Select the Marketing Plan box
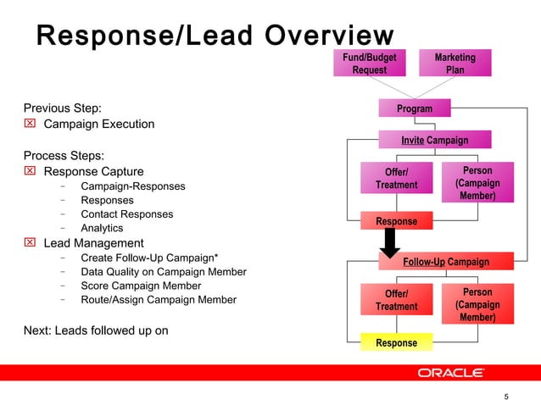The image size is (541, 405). tap(455, 64)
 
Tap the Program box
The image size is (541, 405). tap(415, 108)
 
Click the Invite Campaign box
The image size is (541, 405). tap(434, 140)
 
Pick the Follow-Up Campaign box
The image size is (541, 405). tap(434, 262)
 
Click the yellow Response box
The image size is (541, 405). tap(396, 342)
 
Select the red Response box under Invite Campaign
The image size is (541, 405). tap(396, 221)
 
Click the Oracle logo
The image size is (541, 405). tap(450, 374)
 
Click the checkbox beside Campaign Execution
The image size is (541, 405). tap(30, 124)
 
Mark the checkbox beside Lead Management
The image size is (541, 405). tap(30, 243)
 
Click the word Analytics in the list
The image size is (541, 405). tap(102, 228)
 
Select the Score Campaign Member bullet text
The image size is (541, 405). tap(141, 286)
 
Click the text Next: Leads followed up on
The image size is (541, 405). tap(95, 330)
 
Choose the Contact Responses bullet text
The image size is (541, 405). tap(126, 214)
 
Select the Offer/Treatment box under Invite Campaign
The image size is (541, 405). tap(396, 179)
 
